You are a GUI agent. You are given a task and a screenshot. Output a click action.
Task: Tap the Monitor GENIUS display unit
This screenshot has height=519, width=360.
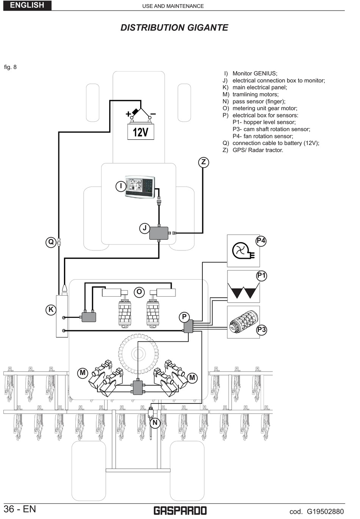coord(140,187)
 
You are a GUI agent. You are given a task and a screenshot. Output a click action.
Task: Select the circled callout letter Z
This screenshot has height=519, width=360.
coord(203,163)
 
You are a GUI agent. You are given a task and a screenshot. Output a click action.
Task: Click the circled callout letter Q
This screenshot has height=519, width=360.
coord(51,242)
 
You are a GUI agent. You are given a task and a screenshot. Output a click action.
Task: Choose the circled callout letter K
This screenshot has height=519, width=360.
coord(51,310)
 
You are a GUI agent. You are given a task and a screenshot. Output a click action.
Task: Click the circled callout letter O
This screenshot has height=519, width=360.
coord(139,292)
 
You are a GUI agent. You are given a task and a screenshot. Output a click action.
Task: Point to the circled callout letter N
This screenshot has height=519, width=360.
coord(155,423)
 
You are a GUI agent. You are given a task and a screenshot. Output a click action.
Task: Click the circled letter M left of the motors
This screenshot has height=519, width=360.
coord(83,373)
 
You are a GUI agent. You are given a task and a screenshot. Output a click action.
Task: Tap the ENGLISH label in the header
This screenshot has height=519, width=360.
coord(27,5)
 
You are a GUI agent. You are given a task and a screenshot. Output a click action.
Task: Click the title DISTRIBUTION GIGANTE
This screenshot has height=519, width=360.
coord(174,28)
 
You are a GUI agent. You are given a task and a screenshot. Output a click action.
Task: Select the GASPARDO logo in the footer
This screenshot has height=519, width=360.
coord(180,511)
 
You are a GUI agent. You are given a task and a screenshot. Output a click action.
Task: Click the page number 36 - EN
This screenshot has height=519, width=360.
coord(20,509)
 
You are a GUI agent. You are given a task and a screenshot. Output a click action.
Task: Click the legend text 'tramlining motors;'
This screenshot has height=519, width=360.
coord(255,94)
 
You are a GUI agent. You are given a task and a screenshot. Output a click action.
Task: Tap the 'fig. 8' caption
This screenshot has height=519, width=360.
coord(10,67)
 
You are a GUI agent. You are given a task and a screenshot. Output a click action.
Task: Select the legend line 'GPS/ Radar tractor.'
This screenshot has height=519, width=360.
coord(258,150)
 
